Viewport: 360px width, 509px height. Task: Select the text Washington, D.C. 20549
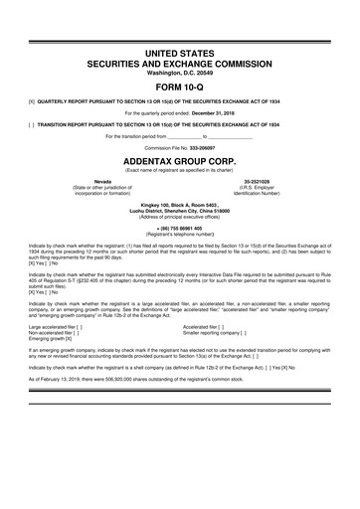coord(179,72)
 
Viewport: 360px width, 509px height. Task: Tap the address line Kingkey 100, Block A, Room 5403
coord(179,204)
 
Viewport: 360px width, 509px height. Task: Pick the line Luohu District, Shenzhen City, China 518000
coord(179,210)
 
